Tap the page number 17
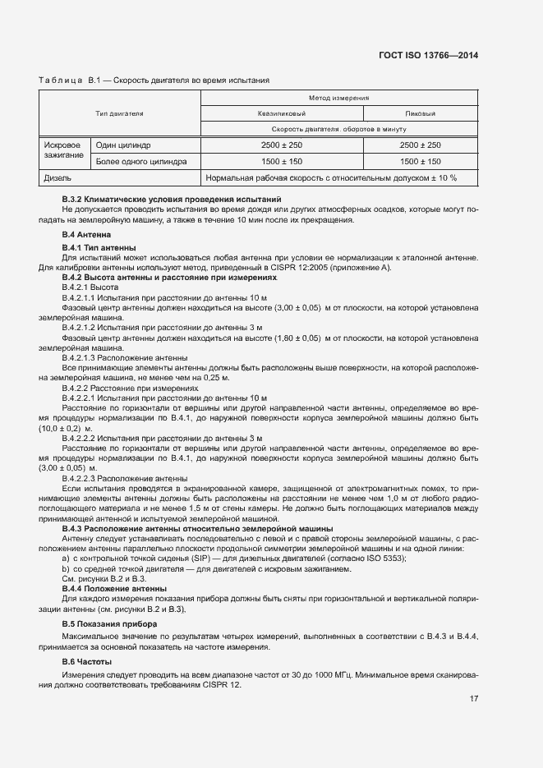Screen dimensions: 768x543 tap(474, 699)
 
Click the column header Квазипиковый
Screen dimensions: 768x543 tap(282, 113)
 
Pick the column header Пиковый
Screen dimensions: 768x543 tap(421, 113)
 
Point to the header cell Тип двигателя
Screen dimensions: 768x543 tap(120, 113)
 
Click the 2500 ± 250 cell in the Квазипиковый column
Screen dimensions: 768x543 tap(282, 145)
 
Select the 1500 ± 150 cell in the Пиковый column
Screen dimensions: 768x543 tap(421, 162)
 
